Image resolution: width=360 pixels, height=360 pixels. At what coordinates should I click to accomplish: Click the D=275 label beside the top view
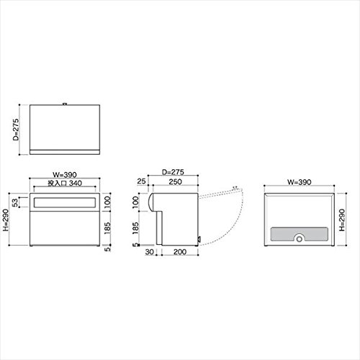pyautogui.click(x=16, y=130)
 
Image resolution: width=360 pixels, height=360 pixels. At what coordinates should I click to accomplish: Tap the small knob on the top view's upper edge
pyautogui.click(x=65, y=104)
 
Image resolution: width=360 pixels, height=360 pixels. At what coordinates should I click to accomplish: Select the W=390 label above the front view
pyautogui.click(x=65, y=175)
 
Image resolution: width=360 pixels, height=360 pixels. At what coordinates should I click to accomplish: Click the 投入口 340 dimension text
pyautogui.click(x=65, y=184)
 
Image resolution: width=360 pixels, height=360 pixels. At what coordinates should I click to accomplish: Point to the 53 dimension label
pyautogui.click(x=15, y=202)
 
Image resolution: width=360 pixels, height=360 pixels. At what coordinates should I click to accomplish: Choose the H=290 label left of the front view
pyautogui.click(x=5, y=220)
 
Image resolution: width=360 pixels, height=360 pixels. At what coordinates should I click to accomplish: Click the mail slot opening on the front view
pyautogui.click(x=65, y=202)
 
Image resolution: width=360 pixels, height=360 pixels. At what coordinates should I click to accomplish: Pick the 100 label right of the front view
pyautogui.click(x=107, y=202)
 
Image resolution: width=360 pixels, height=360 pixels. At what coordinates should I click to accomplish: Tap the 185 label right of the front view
pyautogui.click(x=107, y=228)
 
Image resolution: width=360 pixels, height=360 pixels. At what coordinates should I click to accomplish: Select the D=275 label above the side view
pyautogui.click(x=173, y=172)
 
